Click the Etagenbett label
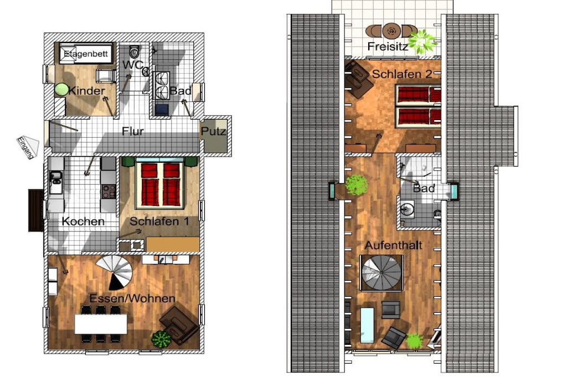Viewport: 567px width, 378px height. [x=86, y=54]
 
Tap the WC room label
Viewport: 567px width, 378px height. [x=132, y=65]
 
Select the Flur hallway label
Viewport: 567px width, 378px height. [x=133, y=131]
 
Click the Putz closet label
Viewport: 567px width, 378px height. [x=213, y=131]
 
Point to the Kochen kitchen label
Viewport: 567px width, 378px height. [x=83, y=221]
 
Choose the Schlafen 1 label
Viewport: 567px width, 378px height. [x=159, y=221]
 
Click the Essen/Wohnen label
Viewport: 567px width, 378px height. [x=132, y=298]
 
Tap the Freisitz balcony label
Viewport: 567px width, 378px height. [x=388, y=46]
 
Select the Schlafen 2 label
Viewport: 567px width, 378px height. [x=402, y=74]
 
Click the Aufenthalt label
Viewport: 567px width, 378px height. [x=394, y=245]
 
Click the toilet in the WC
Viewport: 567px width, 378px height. [x=134, y=52]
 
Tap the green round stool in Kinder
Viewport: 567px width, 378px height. [x=61, y=90]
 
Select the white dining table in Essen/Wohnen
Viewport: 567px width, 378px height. [x=101, y=324]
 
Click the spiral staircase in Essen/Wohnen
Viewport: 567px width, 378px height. [x=115, y=272]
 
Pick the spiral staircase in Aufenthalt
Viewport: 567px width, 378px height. [x=382, y=273]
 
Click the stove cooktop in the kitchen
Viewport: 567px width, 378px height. [x=109, y=191]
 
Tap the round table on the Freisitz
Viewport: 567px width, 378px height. [x=391, y=31]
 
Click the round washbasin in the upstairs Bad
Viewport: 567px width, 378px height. [x=408, y=209]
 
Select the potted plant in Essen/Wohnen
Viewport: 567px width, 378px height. [x=161, y=339]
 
